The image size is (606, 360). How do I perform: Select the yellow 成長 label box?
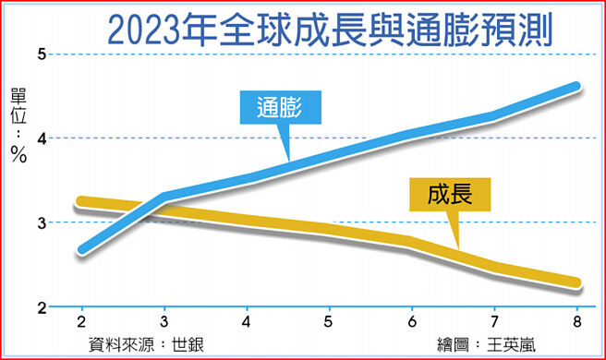pos(450,195)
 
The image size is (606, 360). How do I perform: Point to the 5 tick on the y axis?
pos(42,54)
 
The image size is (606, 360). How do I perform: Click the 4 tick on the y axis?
pos(42,138)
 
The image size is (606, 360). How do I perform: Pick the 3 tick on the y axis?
pos(42,222)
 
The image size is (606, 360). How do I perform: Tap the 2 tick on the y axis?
pos(42,306)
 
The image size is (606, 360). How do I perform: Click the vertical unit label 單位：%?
pos(18,125)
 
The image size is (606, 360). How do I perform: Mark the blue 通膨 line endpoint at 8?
pos(576,87)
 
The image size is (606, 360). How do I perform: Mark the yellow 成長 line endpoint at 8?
pos(576,283)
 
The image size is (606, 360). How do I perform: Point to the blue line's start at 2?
pos(83,249)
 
